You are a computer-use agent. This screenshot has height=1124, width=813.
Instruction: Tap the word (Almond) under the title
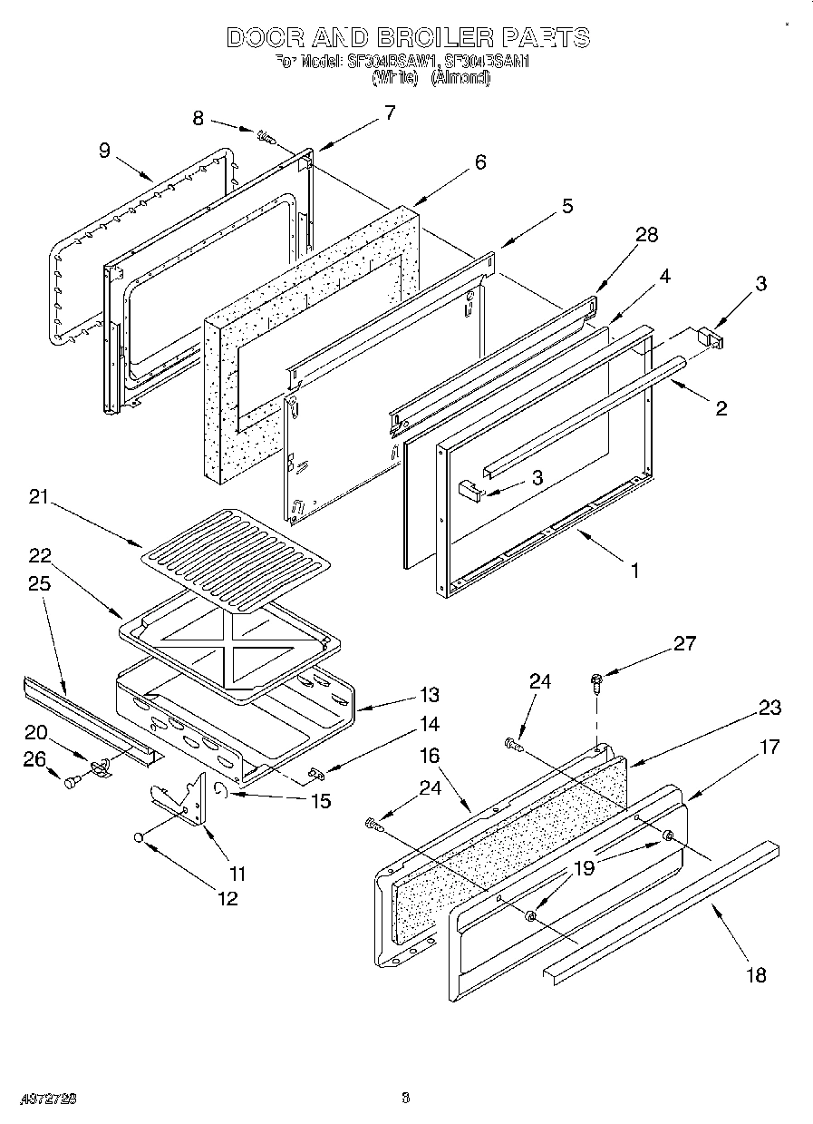(460, 79)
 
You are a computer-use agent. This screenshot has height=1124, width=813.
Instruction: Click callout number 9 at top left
(105, 151)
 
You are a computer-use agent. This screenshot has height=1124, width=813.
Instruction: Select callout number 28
(646, 235)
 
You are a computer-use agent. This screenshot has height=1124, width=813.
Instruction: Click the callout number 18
(756, 974)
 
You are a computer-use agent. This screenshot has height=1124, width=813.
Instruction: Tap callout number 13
(429, 695)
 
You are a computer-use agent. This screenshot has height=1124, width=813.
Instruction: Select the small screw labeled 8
(266, 138)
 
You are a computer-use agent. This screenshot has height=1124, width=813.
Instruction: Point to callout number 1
(635, 571)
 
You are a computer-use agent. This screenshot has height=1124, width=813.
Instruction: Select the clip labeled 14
(316, 773)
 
